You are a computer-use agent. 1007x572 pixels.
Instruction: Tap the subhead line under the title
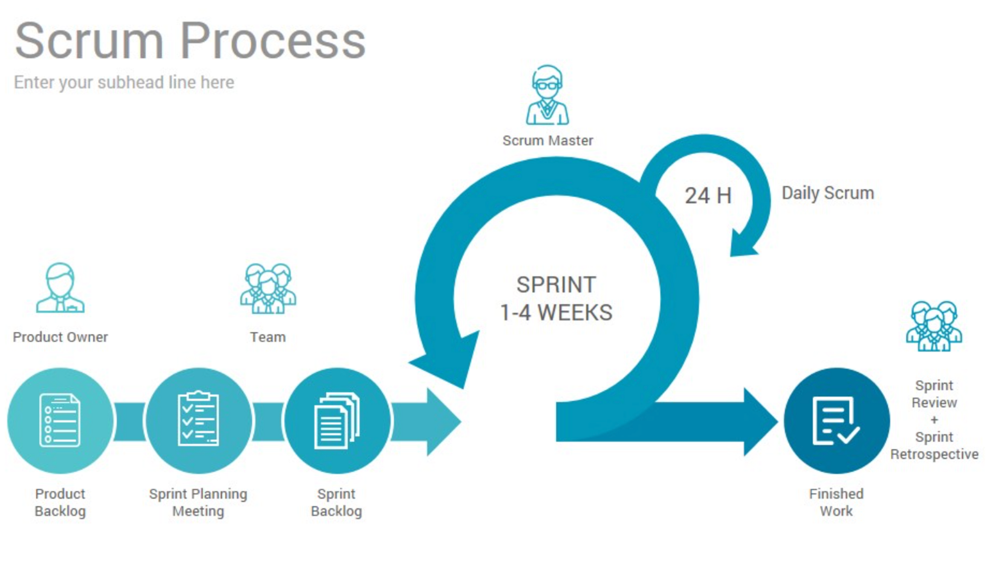pos(124,82)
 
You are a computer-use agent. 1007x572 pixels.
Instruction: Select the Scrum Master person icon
pos(547,95)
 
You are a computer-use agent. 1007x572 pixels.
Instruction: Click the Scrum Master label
pos(547,140)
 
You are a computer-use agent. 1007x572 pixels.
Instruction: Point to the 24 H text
pos(708,195)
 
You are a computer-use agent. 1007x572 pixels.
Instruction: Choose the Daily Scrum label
pos(827,193)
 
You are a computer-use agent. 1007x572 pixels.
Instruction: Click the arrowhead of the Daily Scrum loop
pos(743,245)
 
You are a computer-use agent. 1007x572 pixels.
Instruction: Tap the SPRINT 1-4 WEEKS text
pos(556,299)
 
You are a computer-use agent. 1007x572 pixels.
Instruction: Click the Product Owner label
pos(60,337)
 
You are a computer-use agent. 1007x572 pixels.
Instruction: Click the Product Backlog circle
pos(60,420)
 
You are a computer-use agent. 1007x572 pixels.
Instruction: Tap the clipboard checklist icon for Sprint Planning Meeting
pos(198,418)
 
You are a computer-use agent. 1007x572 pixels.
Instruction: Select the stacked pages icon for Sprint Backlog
pos(336,420)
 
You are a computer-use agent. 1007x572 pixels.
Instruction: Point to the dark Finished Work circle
pos(836,420)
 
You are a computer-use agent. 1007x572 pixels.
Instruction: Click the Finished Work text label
pos(836,502)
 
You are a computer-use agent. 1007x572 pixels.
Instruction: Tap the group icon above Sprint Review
pos(934,326)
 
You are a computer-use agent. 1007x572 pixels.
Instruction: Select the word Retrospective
pos(934,454)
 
